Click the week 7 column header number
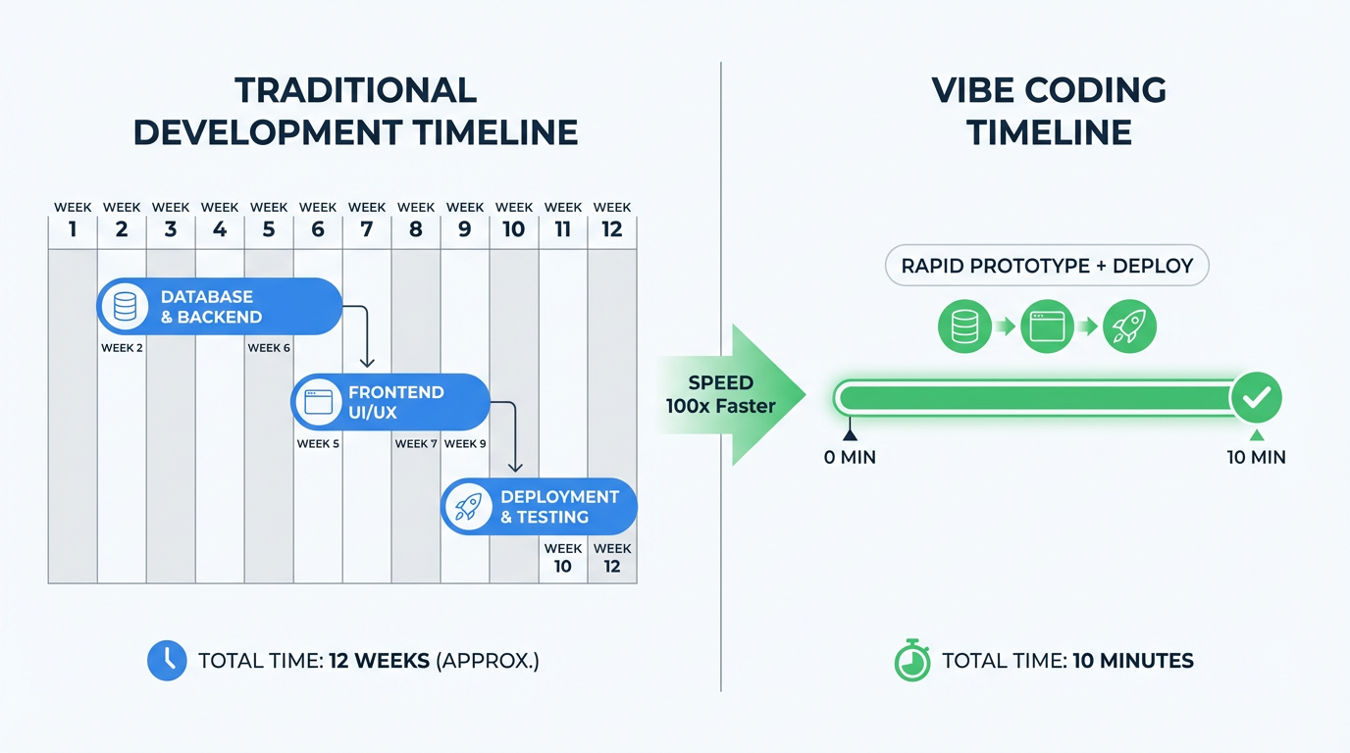367,229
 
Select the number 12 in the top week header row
612,229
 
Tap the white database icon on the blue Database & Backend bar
125,307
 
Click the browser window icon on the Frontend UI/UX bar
318,402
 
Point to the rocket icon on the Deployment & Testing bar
468,507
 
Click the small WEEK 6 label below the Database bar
269,348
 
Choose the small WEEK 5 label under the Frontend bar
318,444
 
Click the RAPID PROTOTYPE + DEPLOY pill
1047,266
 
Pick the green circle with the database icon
965,326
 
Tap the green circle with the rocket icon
1129,326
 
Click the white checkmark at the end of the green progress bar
1256,398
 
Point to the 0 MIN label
850,457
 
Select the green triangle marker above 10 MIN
1256,435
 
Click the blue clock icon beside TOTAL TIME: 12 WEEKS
167,661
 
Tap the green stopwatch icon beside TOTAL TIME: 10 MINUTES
912,661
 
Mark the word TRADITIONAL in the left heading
355,90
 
